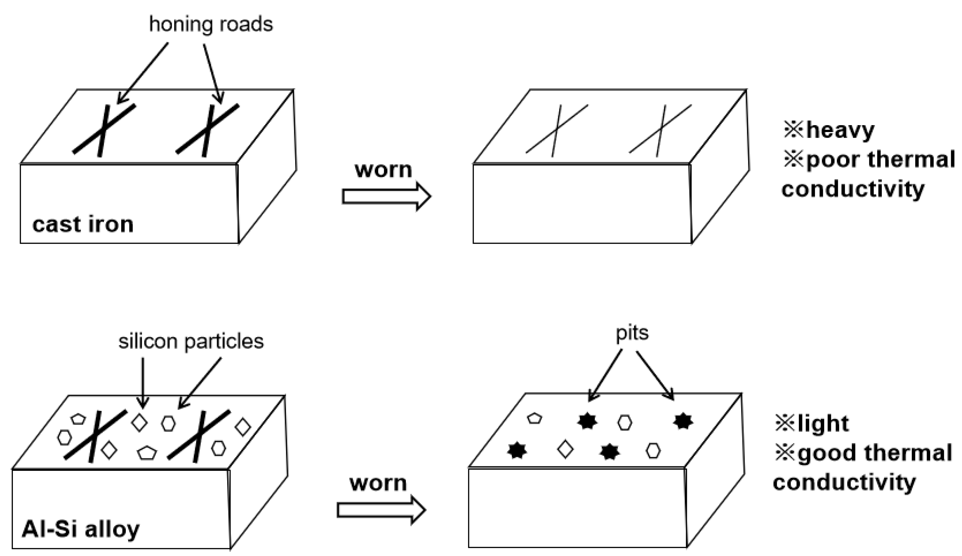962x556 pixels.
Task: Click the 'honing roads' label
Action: click(211, 24)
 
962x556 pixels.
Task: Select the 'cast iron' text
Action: click(83, 225)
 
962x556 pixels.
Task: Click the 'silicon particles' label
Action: click(191, 341)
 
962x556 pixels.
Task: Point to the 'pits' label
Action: click(632, 333)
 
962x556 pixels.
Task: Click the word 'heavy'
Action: click(840, 130)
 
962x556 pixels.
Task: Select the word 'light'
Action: click(823, 423)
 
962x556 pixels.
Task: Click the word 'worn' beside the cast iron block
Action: click(383, 169)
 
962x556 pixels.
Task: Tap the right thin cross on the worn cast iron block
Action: click(661, 130)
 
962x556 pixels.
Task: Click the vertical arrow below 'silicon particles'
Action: click(142, 382)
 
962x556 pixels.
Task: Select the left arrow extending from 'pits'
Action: click(604, 375)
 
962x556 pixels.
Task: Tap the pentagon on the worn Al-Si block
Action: click(534, 418)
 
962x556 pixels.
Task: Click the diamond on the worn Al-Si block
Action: click(565, 449)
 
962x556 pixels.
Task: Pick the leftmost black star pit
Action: click(517, 450)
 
